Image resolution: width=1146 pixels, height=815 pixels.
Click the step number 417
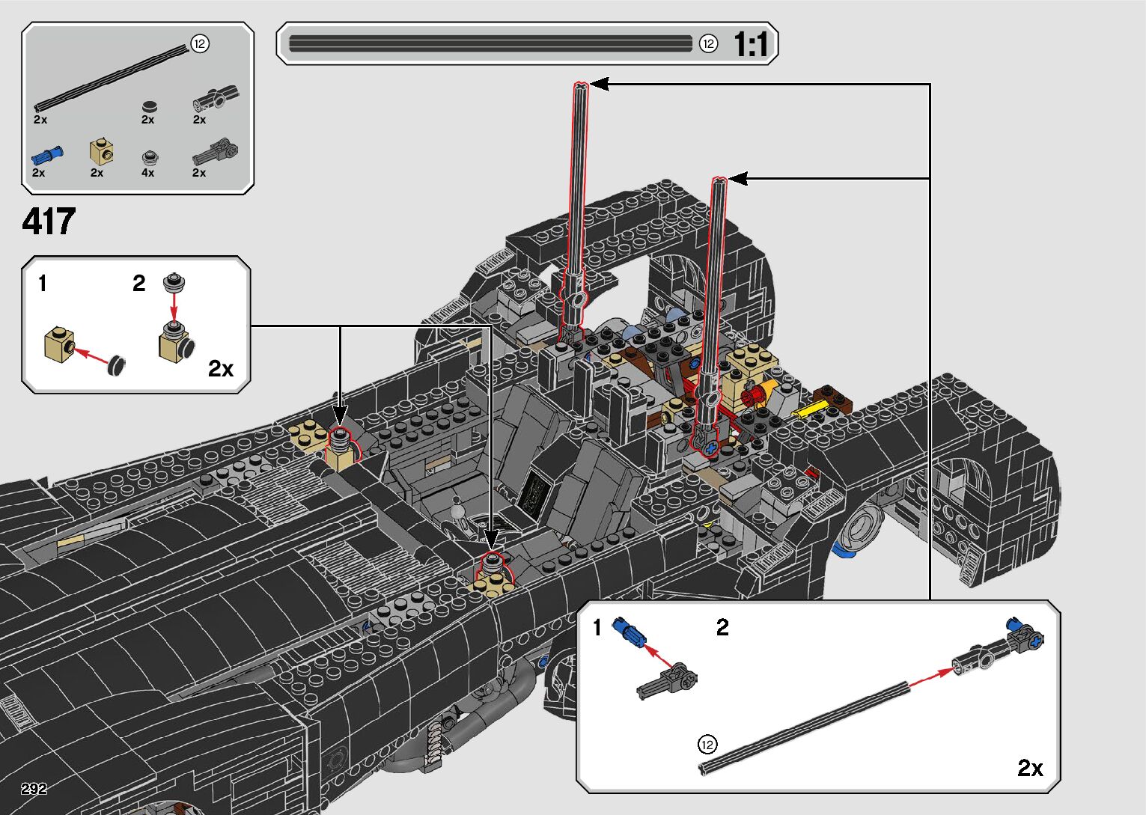[49, 221]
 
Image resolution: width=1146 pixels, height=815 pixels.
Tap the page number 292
[34, 788]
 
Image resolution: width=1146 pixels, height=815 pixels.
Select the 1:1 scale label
[751, 44]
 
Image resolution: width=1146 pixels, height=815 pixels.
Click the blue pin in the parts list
[47, 154]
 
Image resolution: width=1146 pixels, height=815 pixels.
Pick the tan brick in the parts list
[101, 151]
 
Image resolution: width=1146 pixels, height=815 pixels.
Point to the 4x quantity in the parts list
[148, 173]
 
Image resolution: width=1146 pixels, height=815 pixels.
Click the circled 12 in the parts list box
[200, 44]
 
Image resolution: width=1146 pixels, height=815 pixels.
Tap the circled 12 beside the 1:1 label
[709, 44]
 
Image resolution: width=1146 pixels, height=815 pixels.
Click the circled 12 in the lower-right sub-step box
[707, 745]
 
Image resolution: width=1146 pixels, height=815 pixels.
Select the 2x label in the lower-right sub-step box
[1030, 767]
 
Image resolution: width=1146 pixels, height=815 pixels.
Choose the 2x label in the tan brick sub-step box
[221, 368]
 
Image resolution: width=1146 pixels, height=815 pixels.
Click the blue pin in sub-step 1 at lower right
[630, 632]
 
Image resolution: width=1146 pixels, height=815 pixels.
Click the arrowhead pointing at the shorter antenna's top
[738, 179]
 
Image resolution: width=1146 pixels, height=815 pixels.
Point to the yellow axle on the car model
[809, 409]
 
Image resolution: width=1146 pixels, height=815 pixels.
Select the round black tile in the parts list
[150, 107]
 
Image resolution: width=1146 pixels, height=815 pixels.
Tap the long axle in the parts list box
[111, 78]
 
